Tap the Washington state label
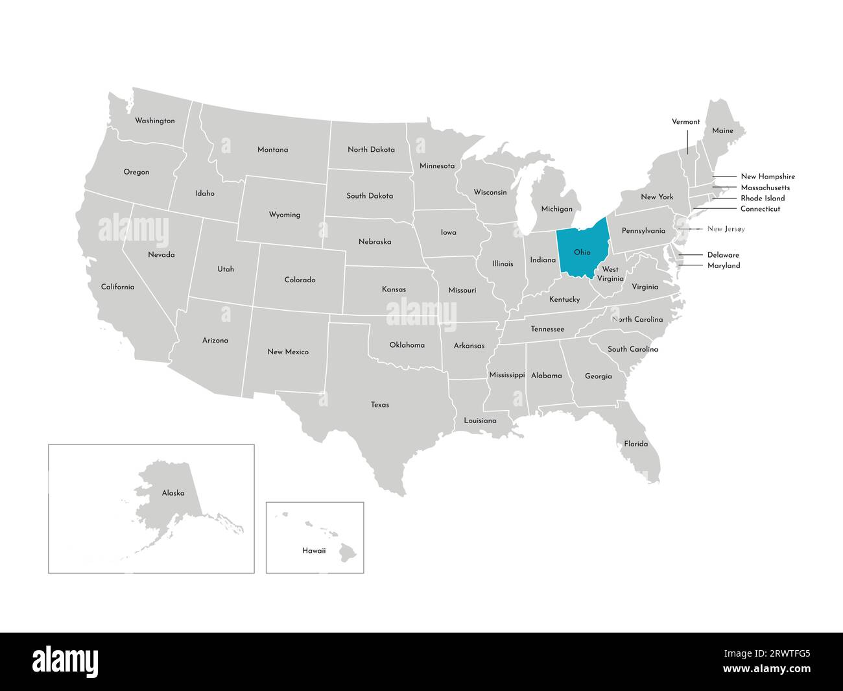(x=154, y=121)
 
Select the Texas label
(x=380, y=405)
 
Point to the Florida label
(x=635, y=444)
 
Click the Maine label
(x=722, y=130)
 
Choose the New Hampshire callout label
(x=767, y=176)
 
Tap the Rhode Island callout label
(x=763, y=198)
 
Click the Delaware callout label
(x=723, y=255)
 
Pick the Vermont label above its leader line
(x=685, y=121)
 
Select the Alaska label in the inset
(x=173, y=493)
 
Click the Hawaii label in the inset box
(x=314, y=550)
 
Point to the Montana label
(x=272, y=150)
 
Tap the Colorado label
(x=300, y=280)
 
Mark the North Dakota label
(x=371, y=149)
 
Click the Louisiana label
(x=480, y=420)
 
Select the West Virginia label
(x=610, y=274)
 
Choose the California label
(x=117, y=286)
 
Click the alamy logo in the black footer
(x=65, y=661)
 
